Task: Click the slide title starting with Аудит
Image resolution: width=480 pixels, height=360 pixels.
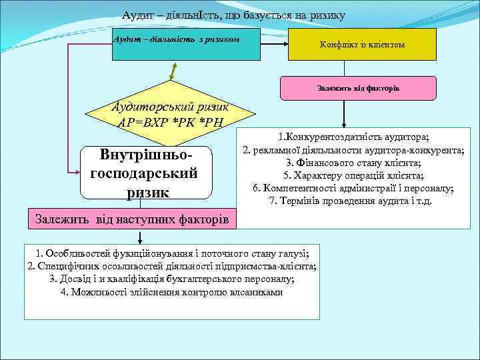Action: coord(233,15)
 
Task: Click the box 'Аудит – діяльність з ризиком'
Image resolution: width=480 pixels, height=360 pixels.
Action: coord(177,39)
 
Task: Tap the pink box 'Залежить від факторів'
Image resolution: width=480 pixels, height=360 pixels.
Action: coord(358,88)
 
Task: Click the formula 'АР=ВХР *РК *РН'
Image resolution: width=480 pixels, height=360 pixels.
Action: coord(173,122)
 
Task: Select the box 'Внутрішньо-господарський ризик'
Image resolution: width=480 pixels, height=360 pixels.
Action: coord(145,173)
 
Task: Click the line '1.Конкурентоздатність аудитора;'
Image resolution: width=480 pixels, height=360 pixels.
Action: coord(353,137)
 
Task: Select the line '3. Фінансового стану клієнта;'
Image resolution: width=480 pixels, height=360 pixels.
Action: coord(353,163)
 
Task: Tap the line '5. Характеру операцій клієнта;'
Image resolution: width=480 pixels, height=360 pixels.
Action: coord(353,175)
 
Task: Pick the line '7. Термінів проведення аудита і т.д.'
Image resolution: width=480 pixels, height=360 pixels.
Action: coord(353,201)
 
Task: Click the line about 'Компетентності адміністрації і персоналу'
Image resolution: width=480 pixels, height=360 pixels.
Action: coord(353,188)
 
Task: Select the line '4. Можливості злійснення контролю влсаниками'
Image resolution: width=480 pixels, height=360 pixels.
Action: coord(171,292)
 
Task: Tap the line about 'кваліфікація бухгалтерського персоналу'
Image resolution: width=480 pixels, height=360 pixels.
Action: coord(171,279)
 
